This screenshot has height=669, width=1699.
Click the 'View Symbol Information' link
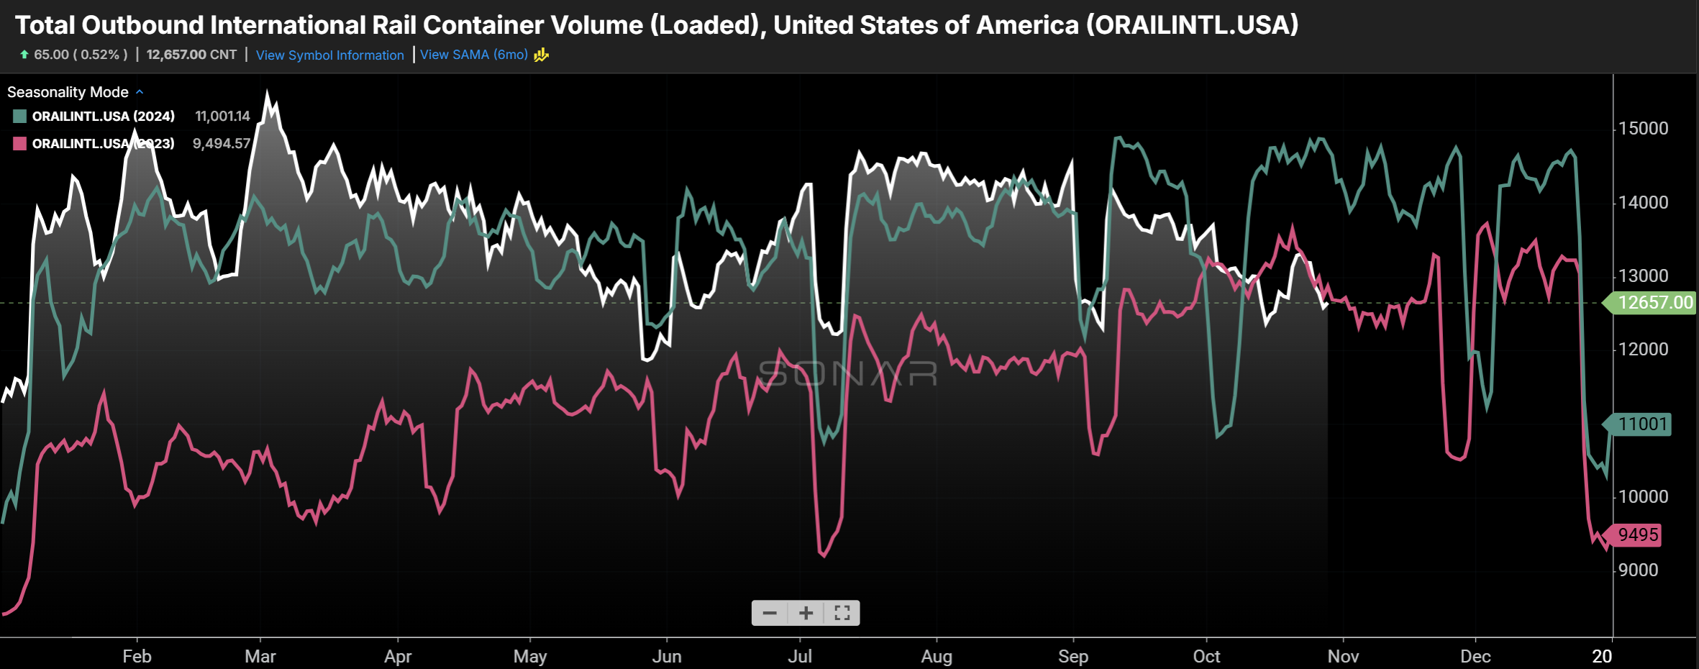pos(329,55)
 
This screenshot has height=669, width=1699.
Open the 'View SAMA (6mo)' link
pos(473,55)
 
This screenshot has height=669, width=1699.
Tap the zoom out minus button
pos(770,613)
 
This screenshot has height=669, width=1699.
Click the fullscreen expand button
pos(842,613)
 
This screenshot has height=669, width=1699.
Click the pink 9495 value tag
pos(1637,535)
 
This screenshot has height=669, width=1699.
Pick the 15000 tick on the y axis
pos(1644,129)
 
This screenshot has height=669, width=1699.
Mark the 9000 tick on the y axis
pos(1639,570)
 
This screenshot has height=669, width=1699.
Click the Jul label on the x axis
pos(800,656)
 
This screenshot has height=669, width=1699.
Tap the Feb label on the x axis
pos(137,656)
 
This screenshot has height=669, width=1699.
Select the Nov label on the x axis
pos(1343,656)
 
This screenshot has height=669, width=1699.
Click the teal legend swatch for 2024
pos(20,117)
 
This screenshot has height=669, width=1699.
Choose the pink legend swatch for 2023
pos(20,144)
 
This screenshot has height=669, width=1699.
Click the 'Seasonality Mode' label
pos(68,92)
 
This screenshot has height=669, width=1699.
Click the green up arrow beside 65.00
pos(24,55)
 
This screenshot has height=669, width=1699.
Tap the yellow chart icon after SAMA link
pos(542,55)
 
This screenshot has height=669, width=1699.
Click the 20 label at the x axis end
pos(1602,656)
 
